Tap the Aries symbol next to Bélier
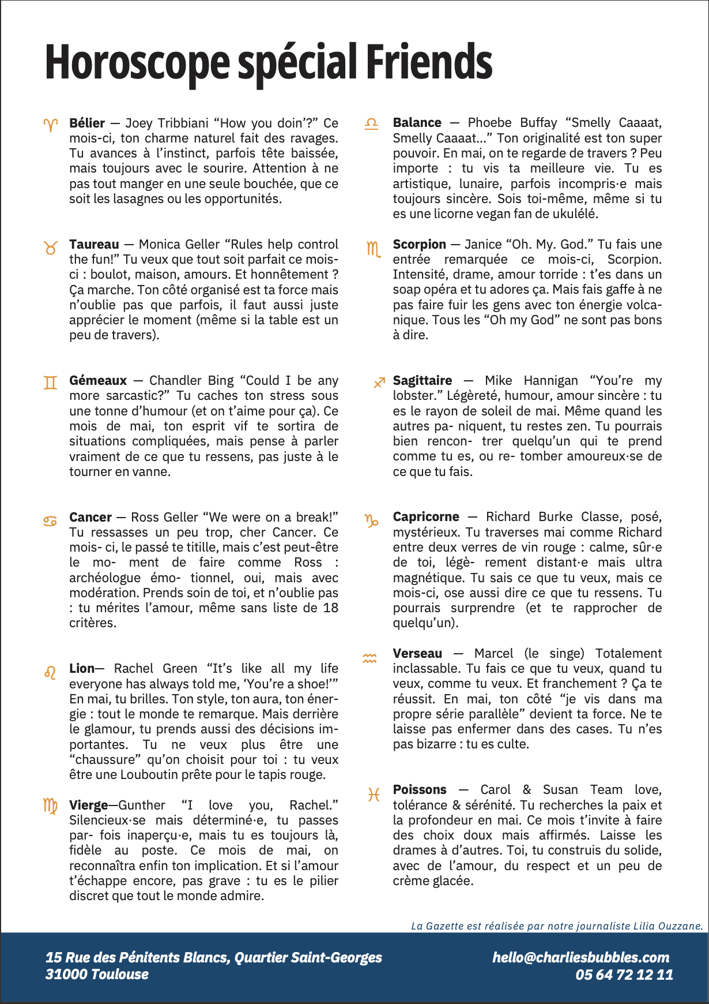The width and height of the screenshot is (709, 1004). pos(51,124)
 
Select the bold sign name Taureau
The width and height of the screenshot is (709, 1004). pos(94,244)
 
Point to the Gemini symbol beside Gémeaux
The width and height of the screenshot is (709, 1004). pos(51,382)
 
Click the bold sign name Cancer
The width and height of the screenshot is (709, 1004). pos(90,517)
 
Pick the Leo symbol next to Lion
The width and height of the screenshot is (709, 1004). pos(51,672)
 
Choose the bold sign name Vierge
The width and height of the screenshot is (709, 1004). pos(89,805)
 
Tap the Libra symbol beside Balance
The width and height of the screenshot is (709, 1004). pos(372,123)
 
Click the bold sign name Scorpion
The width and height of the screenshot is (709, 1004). pos(419,244)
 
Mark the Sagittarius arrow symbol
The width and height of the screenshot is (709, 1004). pos(379,382)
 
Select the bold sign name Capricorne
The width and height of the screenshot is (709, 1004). pos(426,516)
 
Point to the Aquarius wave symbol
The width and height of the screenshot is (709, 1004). pos(369,657)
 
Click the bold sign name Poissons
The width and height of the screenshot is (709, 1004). pos(420,789)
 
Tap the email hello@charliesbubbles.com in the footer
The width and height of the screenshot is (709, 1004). pos(580,957)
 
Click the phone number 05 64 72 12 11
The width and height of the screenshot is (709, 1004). pos(624,975)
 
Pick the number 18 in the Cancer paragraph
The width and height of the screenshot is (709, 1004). pos(330,608)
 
